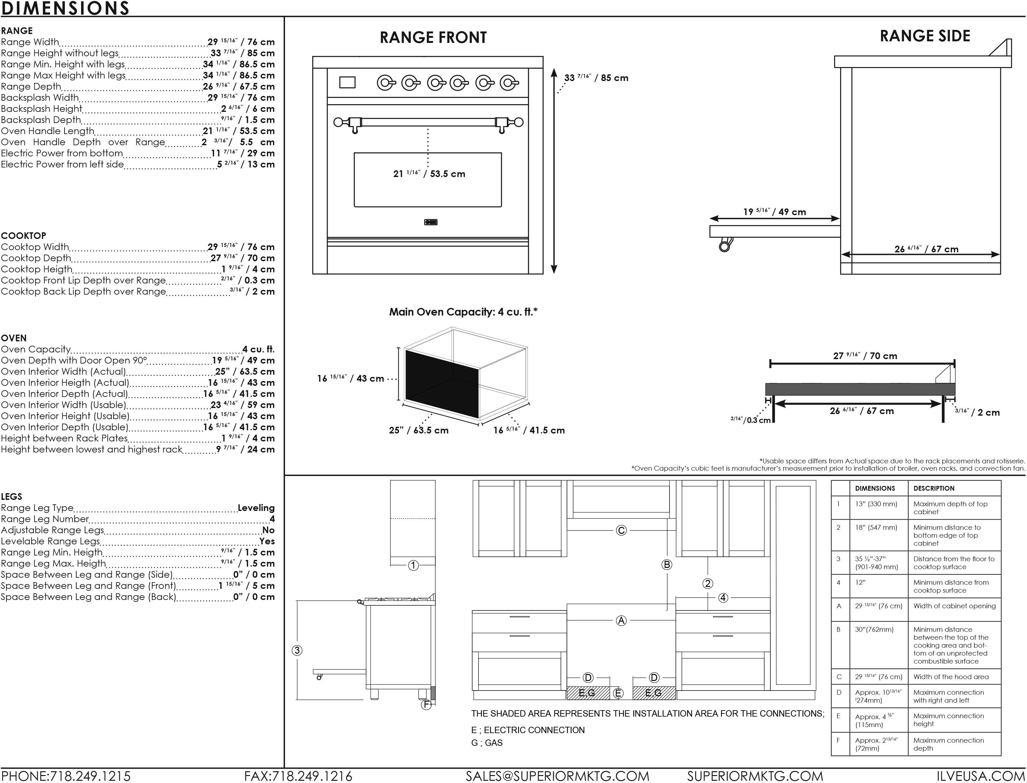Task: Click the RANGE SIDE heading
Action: click(925, 36)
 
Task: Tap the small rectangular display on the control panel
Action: click(347, 83)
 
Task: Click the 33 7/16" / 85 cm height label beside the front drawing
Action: click(596, 78)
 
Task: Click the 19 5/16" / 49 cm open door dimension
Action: click(774, 212)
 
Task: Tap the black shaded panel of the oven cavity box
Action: click(442, 384)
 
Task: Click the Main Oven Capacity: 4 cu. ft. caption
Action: click(463, 312)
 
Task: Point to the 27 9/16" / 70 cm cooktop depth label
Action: click(865, 356)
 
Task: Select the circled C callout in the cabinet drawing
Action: click(621, 530)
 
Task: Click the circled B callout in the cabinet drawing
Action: click(667, 564)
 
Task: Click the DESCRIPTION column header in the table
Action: click(934, 488)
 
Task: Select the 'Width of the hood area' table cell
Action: click(951, 677)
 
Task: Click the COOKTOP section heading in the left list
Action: click(23, 236)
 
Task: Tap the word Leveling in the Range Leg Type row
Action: click(256, 508)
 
